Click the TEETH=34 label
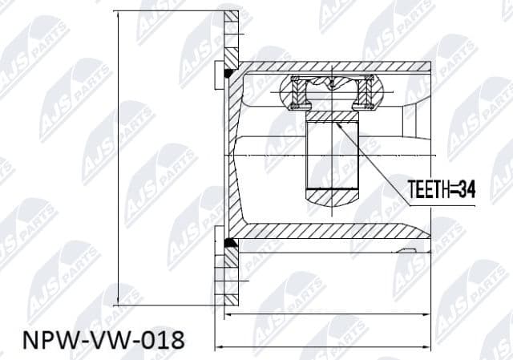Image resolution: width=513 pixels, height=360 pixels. [442, 190]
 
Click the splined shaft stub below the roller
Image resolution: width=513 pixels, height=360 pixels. [333, 152]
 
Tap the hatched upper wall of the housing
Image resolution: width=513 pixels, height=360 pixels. [337, 67]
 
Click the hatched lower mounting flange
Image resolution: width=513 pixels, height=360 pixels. [232, 277]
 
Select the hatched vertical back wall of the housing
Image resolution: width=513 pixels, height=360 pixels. [233, 152]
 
